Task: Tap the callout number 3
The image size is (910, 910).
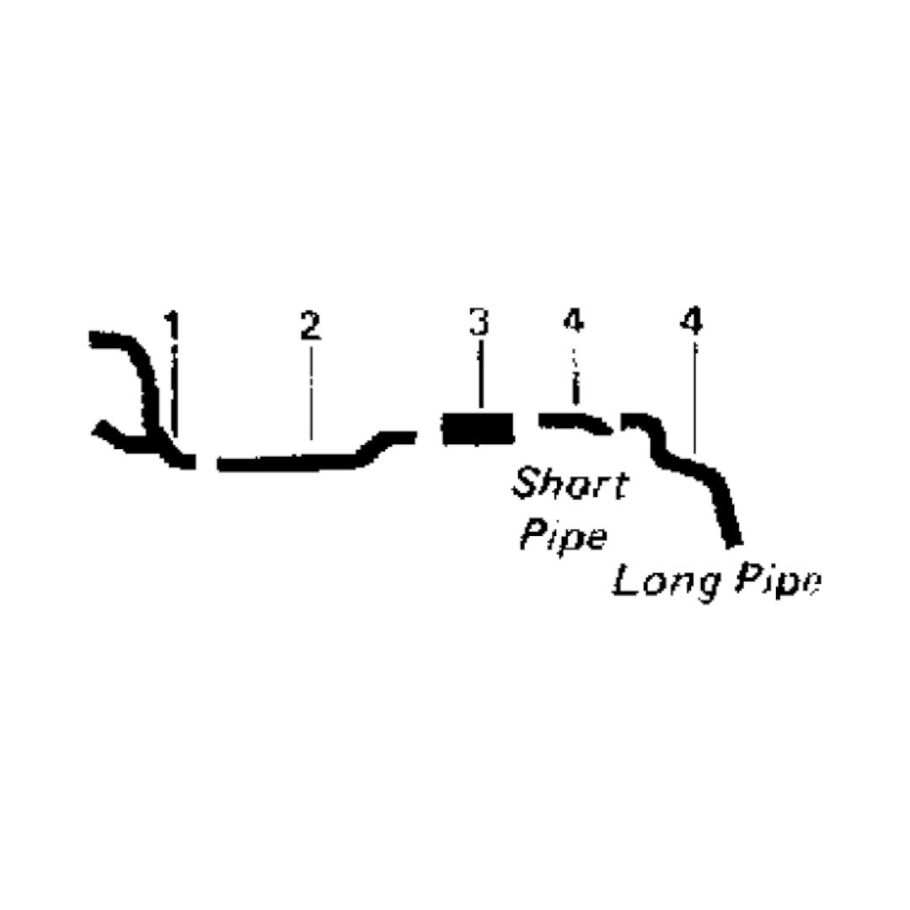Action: (x=479, y=322)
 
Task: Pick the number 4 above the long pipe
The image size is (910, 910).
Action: (x=692, y=321)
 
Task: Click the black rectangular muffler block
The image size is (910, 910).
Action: (x=479, y=428)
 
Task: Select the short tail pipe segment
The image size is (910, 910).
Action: (x=575, y=421)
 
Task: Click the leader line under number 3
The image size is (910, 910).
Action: (x=480, y=374)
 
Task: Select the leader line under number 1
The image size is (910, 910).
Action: (x=174, y=388)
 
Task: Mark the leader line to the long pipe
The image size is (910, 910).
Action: (x=694, y=399)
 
